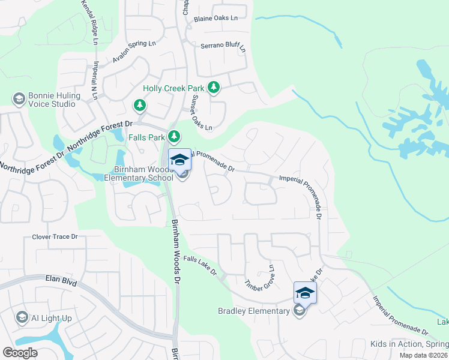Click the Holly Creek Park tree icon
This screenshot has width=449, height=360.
tap(213, 88)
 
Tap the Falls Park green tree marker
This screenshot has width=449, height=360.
tap(174, 137)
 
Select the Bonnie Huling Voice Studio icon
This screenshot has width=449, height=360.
tap(19, 98)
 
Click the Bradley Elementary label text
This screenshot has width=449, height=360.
tap(253, 311)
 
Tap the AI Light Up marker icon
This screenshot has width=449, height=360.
tap(22, 317)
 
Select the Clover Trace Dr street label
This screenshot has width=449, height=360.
tap(55, 237)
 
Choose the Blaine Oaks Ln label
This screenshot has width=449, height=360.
tap(215, 19)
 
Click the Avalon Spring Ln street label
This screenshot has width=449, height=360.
tap(134, 52)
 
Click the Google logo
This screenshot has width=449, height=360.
tap(20, 352)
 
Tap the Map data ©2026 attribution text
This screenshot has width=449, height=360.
tap(424, 355)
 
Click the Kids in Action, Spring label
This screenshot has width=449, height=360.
tap(409, 344)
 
